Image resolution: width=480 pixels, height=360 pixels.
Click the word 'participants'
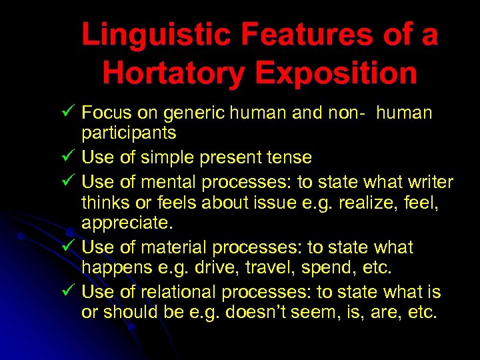pos(129,134)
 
